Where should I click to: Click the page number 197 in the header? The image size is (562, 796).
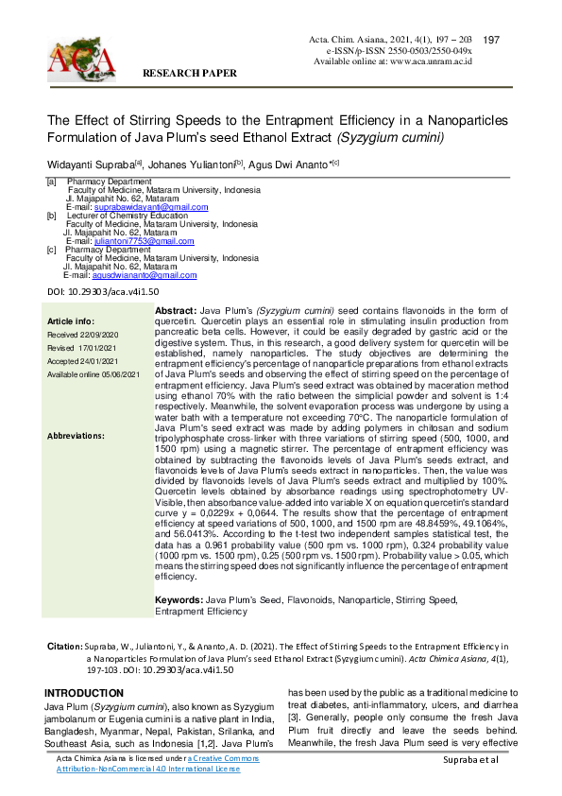tap(490, 40)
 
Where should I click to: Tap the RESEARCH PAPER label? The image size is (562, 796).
tap(189, 72)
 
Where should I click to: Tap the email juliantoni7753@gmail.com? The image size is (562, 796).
tap(147, 241)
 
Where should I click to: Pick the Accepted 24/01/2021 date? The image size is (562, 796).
tap(82, 361)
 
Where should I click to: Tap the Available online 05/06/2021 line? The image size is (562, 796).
tap(94, 374)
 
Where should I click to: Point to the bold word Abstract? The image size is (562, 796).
tap(175, 311)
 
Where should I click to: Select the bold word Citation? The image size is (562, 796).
tap(64, 646)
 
